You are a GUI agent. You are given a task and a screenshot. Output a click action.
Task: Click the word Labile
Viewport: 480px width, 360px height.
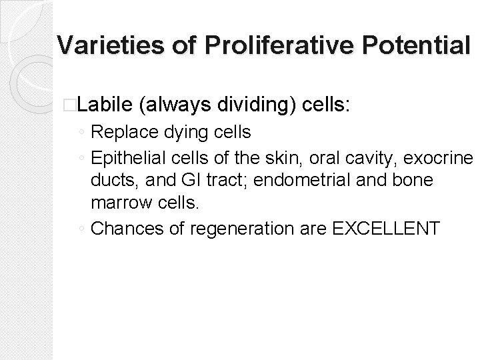click(107, 104)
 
